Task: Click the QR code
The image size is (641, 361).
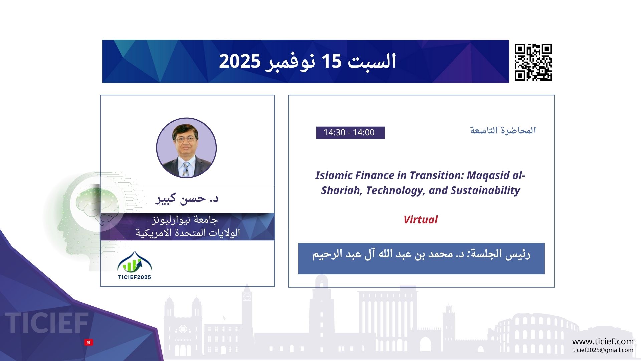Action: (x=533, y=62)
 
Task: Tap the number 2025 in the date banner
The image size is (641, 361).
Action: (x=240, y=62)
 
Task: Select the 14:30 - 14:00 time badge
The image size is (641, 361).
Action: (x=350, y=133)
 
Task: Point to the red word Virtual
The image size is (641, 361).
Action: (x=420, y=220)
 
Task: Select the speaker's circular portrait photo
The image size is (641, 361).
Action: (x=186, y=148)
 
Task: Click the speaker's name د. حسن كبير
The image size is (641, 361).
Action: (x=187, y=198)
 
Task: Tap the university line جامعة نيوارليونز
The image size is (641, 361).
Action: (x=185, y=220)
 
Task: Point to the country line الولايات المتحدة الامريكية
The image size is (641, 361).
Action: (x=188, y=233)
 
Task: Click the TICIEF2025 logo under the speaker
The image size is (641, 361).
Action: (x=135, y=265)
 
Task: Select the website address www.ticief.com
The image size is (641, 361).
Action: (x=603, y=341)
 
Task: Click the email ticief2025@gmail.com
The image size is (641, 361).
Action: (x=603, y=350)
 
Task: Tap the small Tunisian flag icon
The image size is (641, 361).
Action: (x=89, y=342)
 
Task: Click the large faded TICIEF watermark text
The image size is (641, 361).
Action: (x=47, y=323)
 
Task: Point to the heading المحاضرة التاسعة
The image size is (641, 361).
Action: (x=503, y=130)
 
